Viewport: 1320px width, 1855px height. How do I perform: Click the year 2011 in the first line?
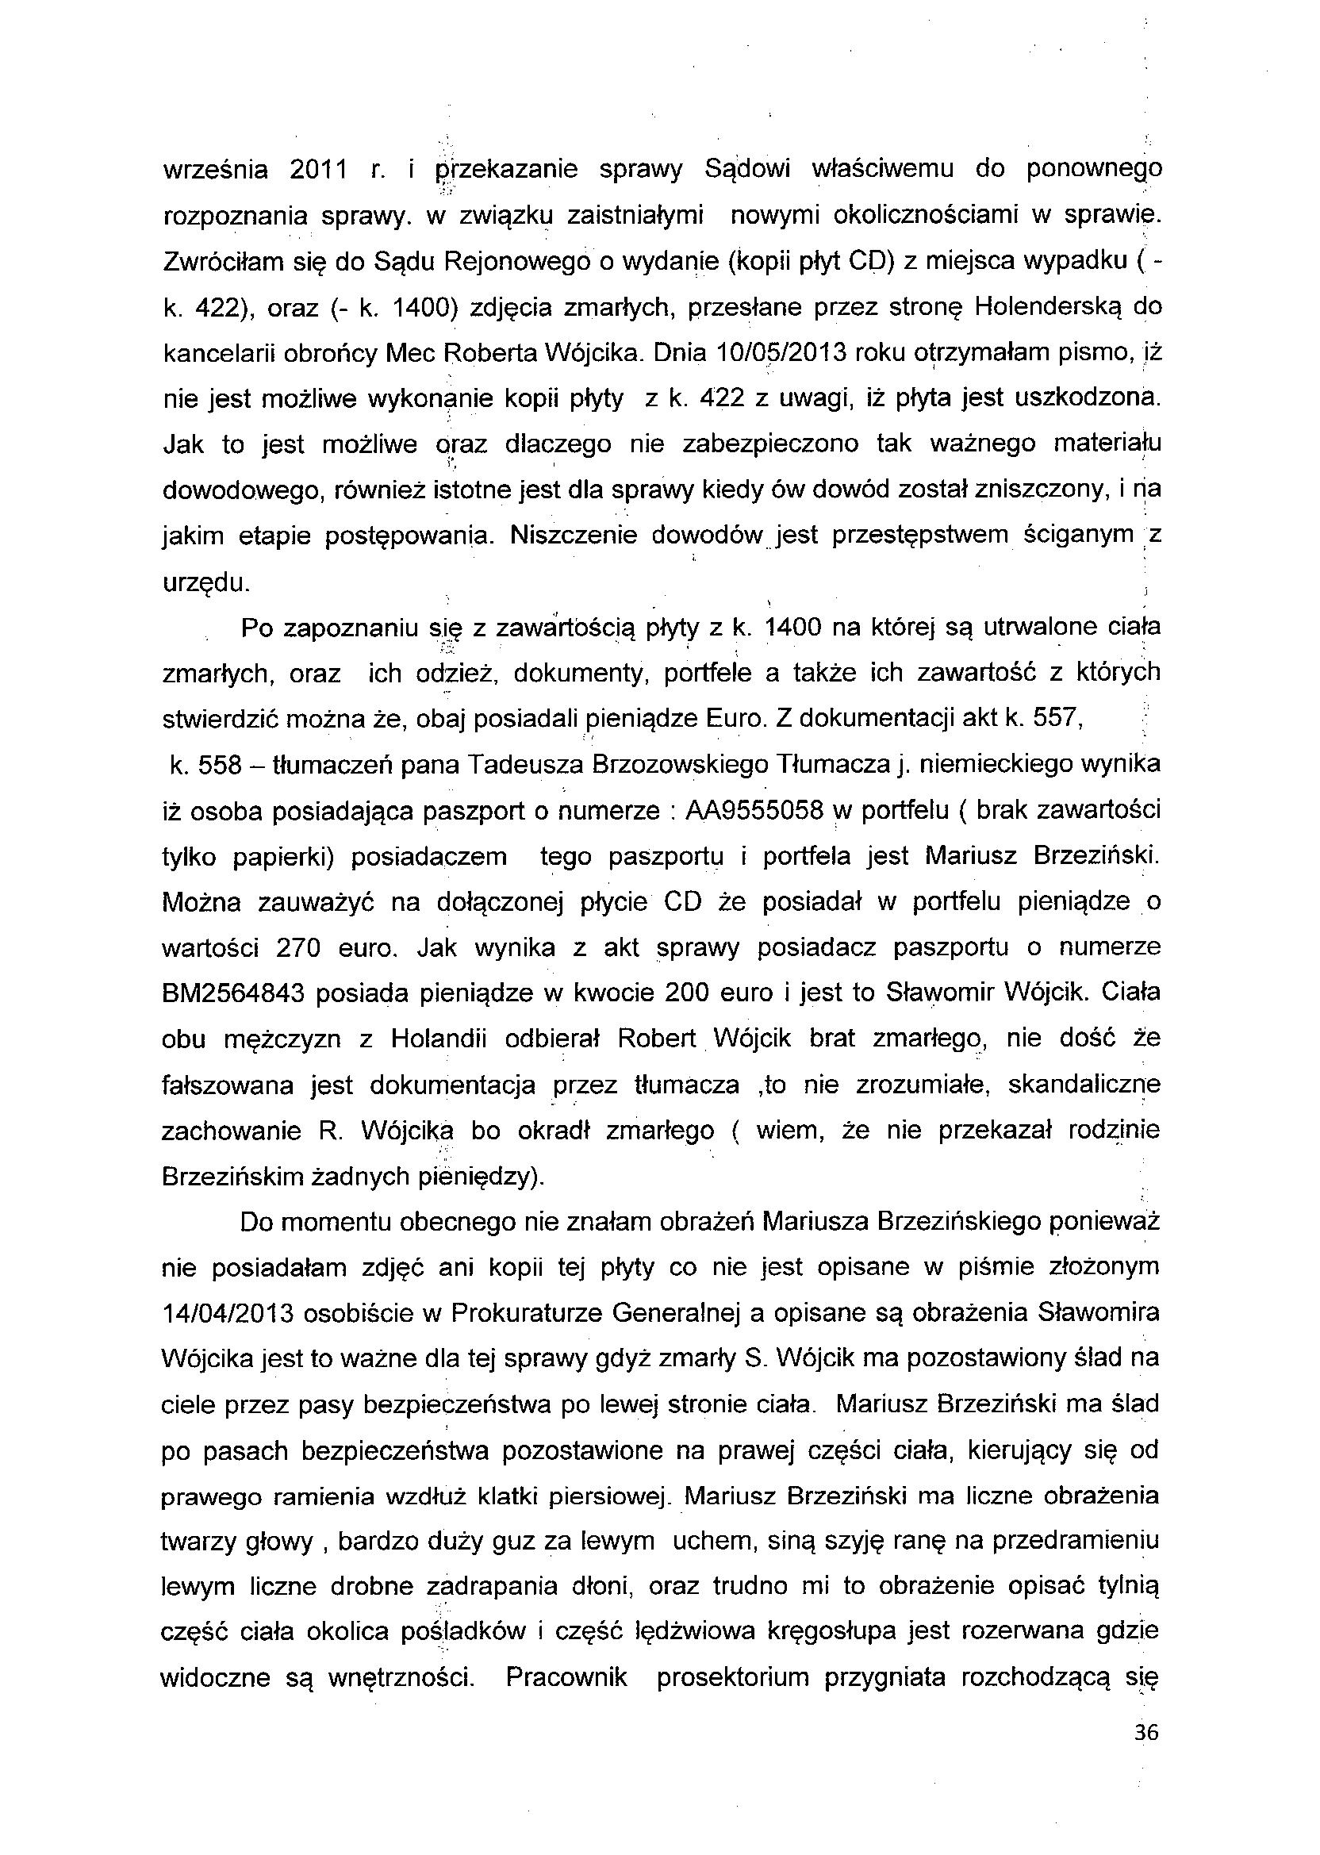319,170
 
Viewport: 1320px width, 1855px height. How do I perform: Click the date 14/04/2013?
234,1313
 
